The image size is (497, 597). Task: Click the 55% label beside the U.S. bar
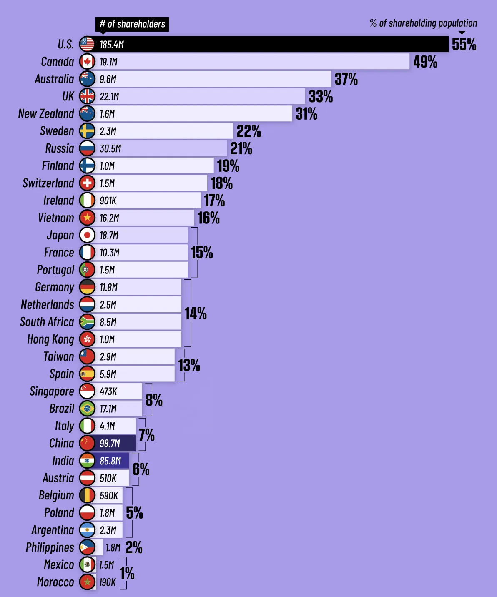[464, 45]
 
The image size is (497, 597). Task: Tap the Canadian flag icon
[87, 62]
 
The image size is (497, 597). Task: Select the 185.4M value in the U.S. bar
[112, 45]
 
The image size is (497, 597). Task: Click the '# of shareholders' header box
[132, 24]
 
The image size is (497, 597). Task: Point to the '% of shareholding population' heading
[423, 23]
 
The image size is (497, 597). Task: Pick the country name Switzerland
[48, 183]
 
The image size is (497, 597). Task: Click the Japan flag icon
[87, 235]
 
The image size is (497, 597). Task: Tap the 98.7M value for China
[110, 443]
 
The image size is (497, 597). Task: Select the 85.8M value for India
[110, 461]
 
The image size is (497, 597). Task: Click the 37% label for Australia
[346, 79]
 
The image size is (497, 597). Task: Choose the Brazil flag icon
[87, 409]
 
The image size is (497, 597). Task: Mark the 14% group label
[196, 314]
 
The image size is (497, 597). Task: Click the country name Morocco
[55, 582]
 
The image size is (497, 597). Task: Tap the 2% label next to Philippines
[134, 547]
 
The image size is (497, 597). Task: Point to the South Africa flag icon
[87, 322]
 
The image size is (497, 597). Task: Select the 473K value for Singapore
[108, 391]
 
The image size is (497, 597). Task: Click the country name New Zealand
[46, 114]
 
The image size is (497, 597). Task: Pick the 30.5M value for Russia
[110, 148]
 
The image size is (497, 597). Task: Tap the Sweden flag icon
[87, 131]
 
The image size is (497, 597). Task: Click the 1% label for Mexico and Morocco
[127, 574]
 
